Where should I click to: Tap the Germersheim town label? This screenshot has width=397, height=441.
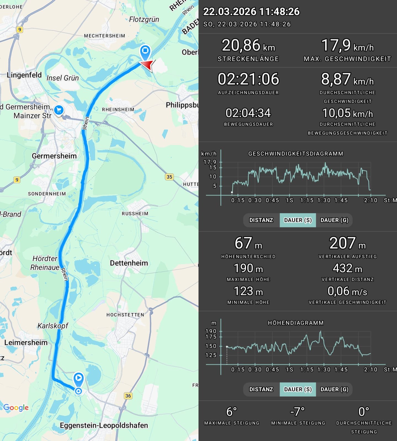click(x=54, y=156)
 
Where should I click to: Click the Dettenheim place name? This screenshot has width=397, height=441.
click(x=129, y=263)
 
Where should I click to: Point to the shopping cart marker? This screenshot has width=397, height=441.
click(x=59, y=110)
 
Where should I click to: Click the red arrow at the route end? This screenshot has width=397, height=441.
click(x=147, y=65)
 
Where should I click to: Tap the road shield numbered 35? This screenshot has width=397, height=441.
click(x=169, y=177)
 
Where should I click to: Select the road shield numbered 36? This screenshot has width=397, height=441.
click(x=128, y=396)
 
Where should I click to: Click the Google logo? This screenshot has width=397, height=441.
click(x=16, y=408)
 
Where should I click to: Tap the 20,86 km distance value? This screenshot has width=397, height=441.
click(x=248, y=45)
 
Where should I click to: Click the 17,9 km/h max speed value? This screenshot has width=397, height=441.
click(x=347, y=45)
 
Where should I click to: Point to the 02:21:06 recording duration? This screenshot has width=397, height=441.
click(x=248, y=79)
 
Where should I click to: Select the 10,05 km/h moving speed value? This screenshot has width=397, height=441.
click(x=347, y=113)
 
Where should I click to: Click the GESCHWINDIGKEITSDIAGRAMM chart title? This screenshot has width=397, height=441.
click(x=296, y=154)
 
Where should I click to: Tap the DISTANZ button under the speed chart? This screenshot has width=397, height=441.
click(x=261, y=220)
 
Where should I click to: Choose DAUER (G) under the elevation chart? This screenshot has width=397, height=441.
click(x=334, y=389)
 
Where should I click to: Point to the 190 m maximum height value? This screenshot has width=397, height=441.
click(x=248, y=268)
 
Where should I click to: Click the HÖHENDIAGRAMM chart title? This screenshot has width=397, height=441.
click(x=296, y=323)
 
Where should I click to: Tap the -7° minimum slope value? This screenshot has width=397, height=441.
click(x=298, y=412)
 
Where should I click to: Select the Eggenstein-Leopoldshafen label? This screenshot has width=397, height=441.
click(x=104, y=425)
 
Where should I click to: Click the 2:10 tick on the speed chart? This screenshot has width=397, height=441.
click(x=371, y=200)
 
